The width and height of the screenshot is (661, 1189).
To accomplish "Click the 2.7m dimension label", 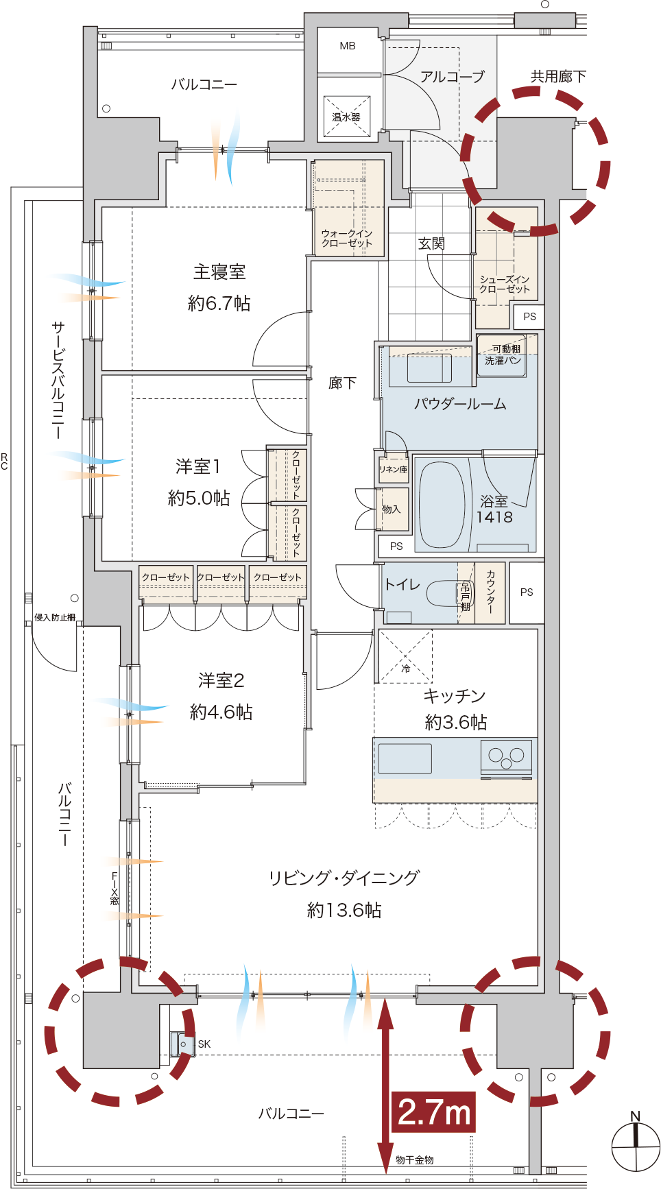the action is [x=433, y=1112].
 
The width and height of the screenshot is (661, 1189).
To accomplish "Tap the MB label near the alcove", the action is [x=348, y=46].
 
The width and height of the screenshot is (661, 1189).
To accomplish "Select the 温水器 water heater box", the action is [x=347, y=117].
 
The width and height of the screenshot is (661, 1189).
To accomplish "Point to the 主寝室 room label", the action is [x=219, y=272].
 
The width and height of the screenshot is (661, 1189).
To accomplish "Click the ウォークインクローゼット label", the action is [x=347, y=238].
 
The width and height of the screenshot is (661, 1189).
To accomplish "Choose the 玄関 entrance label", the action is [x=432, y=243].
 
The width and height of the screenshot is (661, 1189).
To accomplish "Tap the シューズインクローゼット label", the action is [x=505, y=284].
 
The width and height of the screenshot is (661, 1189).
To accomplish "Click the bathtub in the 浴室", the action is [x=442, y=505].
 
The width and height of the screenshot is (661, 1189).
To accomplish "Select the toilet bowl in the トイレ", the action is [x=443, y=594].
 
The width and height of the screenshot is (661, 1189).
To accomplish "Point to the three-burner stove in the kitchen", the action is [x=507, y=757].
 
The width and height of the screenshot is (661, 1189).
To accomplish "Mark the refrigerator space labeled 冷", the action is [x=405, y=656].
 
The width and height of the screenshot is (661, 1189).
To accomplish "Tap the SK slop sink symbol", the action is [x=184, y=1044].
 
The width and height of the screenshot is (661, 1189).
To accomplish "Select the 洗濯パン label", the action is [x=503, y=360].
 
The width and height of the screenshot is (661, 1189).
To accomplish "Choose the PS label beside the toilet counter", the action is [x=527, y=592].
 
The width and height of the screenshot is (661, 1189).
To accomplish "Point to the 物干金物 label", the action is [x=415, y=1160].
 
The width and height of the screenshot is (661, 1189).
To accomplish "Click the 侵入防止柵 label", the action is [x=55, y=617].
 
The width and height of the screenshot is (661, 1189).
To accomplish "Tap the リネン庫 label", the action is [x=393, y=470].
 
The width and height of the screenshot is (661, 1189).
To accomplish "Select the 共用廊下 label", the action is [x=558, y=76].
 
